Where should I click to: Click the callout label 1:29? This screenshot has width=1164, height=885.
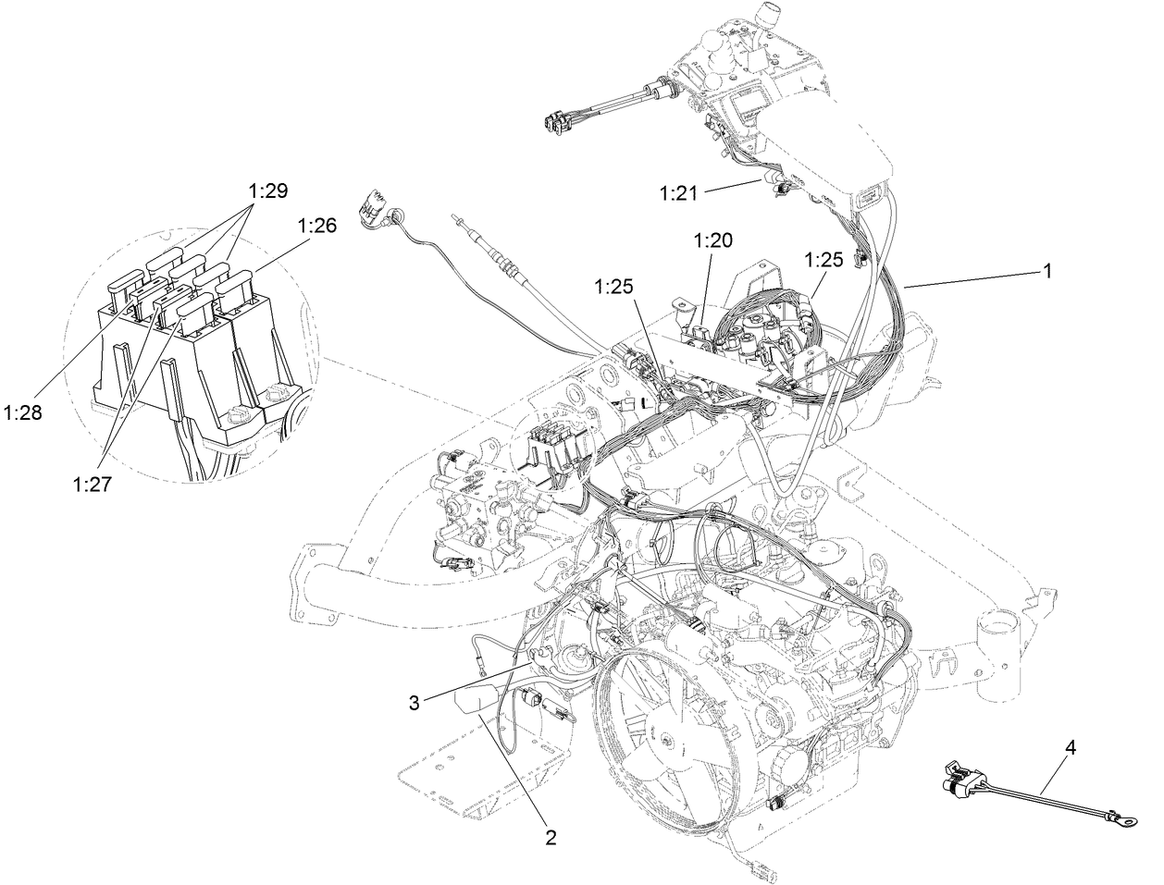[267, 191]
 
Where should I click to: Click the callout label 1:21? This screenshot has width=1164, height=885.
[677, 193]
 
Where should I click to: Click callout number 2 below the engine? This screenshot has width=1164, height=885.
[551, 838]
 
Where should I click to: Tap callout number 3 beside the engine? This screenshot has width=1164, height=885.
[415, 703]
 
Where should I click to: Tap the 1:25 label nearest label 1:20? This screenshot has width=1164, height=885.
[823, 260]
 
